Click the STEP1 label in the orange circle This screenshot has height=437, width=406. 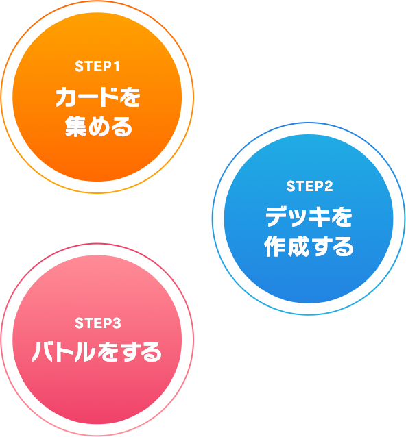[x=97, y=66]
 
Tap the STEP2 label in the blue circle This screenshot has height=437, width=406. [x=309, y=186]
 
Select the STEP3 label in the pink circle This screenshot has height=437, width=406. [x=97, y=323]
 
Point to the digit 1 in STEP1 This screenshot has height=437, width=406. [x=116, y=66]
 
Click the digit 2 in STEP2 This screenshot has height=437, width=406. [x=329, y=186]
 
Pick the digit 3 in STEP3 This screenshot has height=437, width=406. [x=117, y=323]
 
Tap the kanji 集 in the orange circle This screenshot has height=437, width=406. [x=75, y=127]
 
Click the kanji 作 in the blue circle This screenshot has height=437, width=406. [x=275, y=246]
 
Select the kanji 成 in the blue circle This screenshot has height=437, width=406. [x=298, y=246]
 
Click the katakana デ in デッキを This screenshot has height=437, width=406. [x=277, y=216]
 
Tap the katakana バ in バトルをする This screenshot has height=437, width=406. [x=43, y=351]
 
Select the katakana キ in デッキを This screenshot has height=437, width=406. [x=320, y=216]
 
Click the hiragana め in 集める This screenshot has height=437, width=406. [x=98, y=127]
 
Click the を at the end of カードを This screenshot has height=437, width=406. [x=129, y=97]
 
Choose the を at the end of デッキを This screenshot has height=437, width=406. [x=342, y=216]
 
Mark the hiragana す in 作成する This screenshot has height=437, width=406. [x=320, y=247]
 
